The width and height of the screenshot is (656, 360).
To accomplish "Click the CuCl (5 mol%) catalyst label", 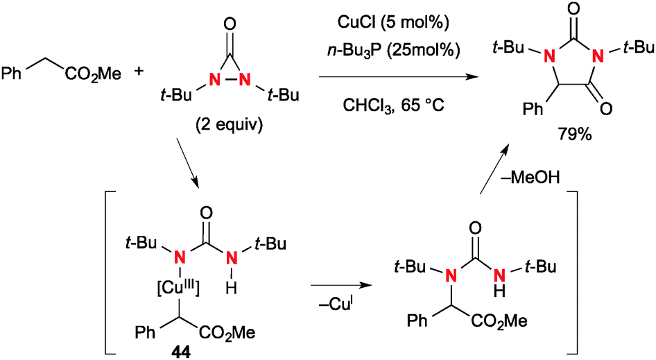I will click(392, 24).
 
